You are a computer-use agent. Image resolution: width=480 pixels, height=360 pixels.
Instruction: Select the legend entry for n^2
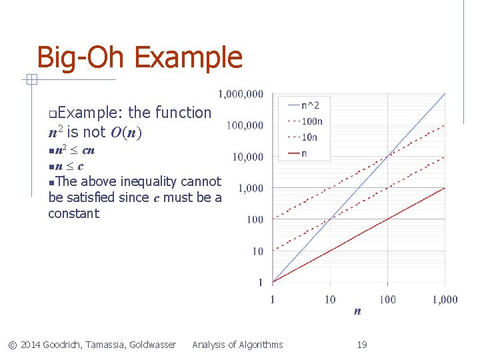(310, 105)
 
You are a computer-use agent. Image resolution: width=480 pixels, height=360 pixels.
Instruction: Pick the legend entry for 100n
(312, 121)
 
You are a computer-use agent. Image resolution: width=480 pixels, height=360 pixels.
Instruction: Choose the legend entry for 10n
(309, 137)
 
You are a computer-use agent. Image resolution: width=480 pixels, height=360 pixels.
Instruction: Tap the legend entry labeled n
(305, 153)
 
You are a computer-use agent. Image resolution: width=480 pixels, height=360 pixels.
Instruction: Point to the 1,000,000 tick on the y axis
(240, 94)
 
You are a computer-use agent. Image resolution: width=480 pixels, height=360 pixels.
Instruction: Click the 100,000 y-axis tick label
(244, 125)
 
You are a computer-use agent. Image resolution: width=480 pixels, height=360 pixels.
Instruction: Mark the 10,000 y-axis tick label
(247, 157)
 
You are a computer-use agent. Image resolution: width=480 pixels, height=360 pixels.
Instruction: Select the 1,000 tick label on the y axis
(251, 188)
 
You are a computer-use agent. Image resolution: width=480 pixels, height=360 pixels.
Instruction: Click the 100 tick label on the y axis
(255, 219)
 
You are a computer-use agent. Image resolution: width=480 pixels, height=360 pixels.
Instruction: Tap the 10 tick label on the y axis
(257, 251)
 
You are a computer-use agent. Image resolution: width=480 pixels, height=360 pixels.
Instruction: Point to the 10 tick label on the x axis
(330, 299)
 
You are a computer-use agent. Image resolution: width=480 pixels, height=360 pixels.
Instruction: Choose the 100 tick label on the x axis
(387, 299)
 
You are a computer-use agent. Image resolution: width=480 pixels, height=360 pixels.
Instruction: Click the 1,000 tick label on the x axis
(445, 299)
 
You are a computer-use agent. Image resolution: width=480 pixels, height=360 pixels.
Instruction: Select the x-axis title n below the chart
(358, 311)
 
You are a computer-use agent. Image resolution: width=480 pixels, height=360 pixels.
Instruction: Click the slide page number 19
(362, 345)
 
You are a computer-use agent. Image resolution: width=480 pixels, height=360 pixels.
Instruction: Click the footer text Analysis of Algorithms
(237, 345)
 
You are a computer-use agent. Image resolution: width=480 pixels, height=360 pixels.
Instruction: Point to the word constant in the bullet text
(73, 214)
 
